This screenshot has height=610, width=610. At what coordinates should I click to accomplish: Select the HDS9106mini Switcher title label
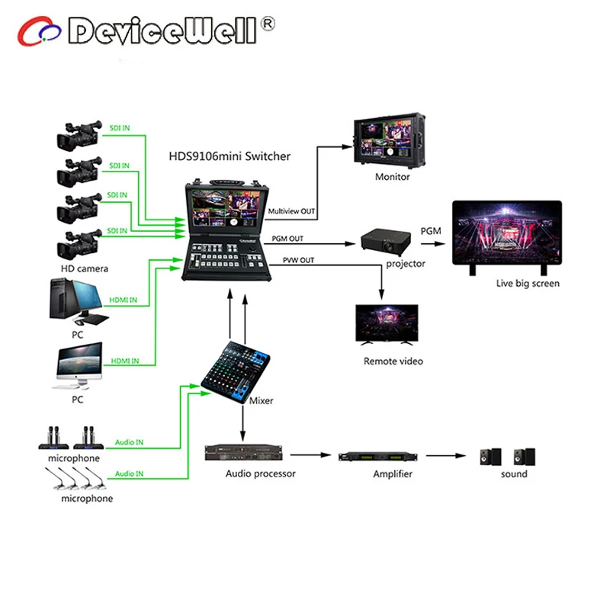pyautogui.click(x=230, y=156)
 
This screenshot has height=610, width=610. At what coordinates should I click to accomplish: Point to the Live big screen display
pyautogui.click(x=506, y=238)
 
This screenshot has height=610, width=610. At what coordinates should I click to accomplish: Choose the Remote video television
pyautogui.click(x=387, y=326)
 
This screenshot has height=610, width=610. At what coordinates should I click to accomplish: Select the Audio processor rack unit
pyautogui.click(x=243, y=454)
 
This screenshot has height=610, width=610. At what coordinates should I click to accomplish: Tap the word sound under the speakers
pyautogui.click(x=513, y=474)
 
